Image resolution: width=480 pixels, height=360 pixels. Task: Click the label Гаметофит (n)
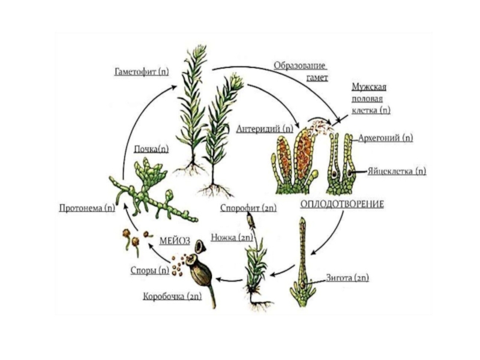coord(142,72)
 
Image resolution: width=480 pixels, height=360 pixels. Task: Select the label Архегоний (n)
coord(385,137)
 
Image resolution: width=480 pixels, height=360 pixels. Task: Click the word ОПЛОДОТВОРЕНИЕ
coord(341,204)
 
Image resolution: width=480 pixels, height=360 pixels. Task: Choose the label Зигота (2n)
coord(347,278)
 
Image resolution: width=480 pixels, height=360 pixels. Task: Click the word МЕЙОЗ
coord(175,241)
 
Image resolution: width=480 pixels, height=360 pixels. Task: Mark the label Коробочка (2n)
coord(172,296)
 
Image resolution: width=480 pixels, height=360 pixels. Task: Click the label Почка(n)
coord(151,148)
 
